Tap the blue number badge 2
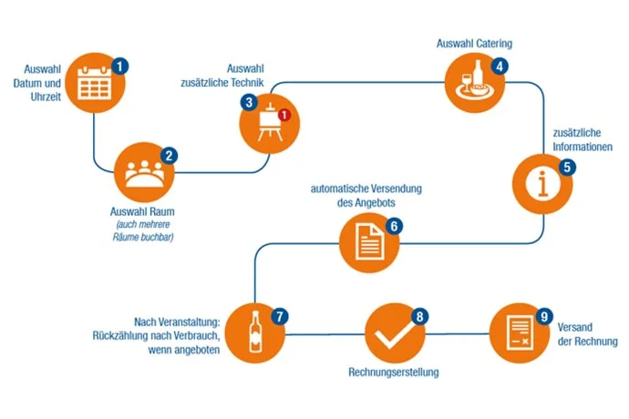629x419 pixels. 169,156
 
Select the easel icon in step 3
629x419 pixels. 268,122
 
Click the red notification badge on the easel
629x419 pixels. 284,116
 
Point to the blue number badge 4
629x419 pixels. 500,66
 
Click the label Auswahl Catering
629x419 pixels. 474,43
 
